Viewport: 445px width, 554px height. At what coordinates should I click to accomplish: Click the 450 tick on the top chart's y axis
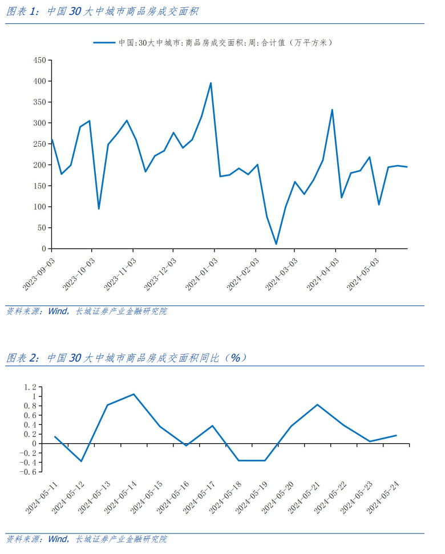point(39,60)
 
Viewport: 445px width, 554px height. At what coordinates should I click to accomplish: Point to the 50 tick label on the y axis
point(41,228)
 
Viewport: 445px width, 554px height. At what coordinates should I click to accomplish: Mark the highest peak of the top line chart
point(211,83)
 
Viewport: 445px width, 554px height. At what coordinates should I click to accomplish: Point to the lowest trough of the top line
point(276,244)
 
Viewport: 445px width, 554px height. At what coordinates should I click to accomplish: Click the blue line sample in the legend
point(104,42)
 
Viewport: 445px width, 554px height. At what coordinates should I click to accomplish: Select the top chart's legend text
point(225,42)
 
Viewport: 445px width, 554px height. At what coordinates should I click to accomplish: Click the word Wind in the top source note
point(58,311)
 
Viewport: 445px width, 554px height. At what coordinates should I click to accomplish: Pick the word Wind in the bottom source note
point(58,539)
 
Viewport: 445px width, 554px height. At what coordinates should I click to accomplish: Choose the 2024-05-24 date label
point(384,497)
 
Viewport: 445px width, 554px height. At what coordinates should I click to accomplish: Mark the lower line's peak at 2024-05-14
point(133,394)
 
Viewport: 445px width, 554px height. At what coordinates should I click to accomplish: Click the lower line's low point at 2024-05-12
point(81,461)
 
